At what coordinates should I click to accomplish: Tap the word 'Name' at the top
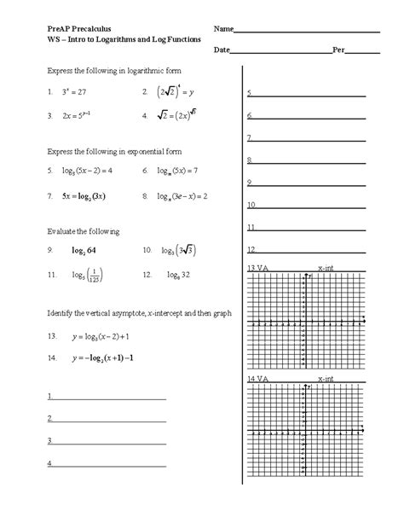click(223, 30)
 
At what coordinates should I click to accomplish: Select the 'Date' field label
click(222, 50)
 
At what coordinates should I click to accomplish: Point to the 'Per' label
click(338, 50)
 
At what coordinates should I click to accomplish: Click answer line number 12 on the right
click(251, 251)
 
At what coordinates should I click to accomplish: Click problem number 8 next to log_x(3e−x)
click(147, 195)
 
